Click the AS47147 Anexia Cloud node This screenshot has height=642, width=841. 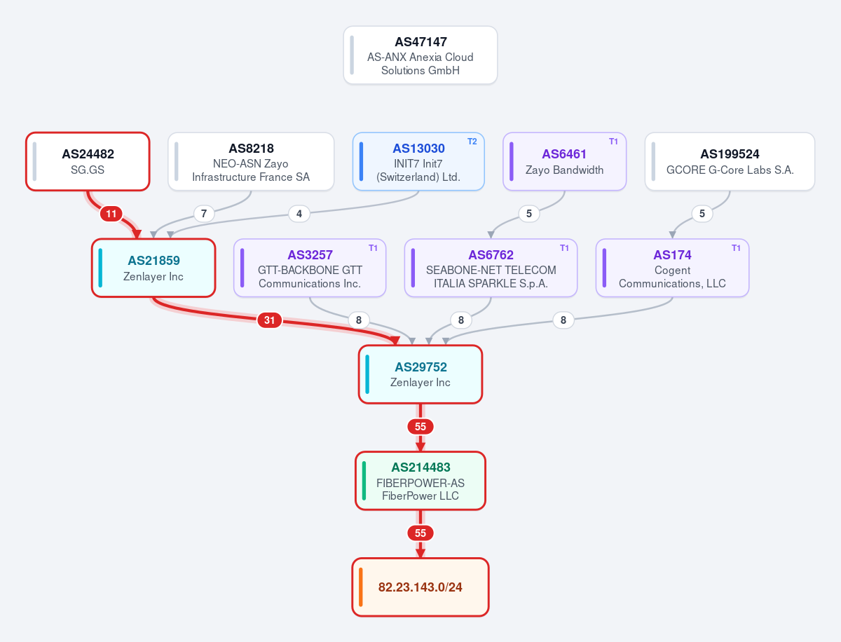[420, 55]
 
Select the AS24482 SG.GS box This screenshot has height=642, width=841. [88, 161]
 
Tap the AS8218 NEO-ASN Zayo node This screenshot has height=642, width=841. [251, 161]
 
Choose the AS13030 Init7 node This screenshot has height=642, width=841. [418, 161]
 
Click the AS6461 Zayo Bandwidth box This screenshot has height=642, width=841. [564, 161]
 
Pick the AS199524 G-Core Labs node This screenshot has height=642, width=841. [730, 161]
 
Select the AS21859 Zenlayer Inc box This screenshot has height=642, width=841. [153, 268]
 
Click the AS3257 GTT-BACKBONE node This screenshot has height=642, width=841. [310, 268]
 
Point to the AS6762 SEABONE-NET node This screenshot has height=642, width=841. [491, 268]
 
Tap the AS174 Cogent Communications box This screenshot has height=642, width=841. [672, 268]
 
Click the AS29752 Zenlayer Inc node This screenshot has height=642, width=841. [420, 374]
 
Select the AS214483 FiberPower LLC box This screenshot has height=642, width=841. [420, 481]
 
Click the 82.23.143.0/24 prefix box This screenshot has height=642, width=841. [420, 587]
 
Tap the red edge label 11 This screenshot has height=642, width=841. [111, 214]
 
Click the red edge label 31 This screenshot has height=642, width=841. [269, 320]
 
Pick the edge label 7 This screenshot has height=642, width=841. [204, 214]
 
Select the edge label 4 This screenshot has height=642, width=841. [299, 214]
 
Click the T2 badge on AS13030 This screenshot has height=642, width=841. [472, 142]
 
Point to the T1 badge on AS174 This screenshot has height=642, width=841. [736, 248]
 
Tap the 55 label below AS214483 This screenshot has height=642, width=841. [420, 533]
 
